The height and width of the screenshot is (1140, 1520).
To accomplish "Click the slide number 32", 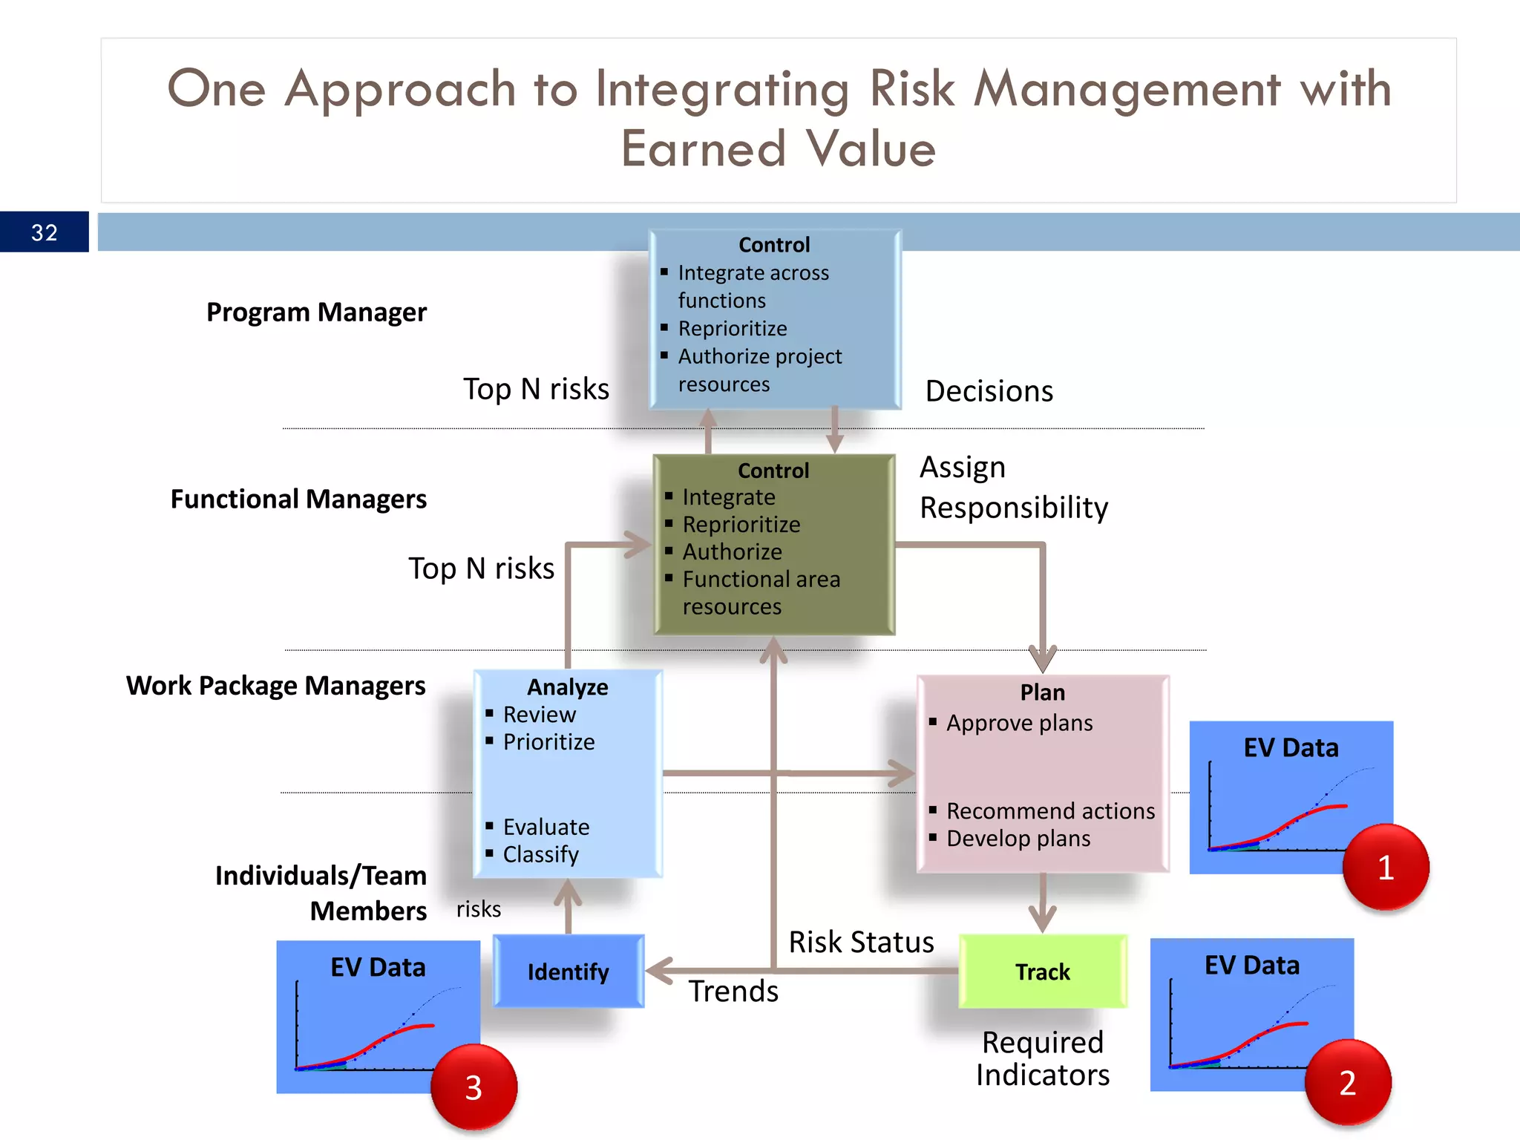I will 45,232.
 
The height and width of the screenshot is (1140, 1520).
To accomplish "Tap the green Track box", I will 1042,972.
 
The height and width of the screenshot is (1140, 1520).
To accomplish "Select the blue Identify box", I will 568,972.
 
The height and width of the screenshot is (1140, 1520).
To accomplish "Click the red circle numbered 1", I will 1385,867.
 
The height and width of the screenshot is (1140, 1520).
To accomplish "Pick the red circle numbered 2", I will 1347,1083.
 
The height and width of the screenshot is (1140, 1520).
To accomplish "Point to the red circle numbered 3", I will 474,1088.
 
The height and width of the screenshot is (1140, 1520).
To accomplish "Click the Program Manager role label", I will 316,312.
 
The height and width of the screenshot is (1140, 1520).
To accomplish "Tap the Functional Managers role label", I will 298,499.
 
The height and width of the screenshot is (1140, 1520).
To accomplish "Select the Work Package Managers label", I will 275,686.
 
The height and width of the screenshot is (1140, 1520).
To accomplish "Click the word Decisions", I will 989,391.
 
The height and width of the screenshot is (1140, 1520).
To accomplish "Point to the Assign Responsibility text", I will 1013,488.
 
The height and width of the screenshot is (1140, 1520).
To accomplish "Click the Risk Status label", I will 860,942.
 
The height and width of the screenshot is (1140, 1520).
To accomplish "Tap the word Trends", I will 733,992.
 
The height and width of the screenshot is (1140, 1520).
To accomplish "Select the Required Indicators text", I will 1042,1058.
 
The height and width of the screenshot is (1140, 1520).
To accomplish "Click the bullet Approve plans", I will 1018,723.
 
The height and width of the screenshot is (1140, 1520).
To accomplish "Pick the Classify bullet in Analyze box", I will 540,854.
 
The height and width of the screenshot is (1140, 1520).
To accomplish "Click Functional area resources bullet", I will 760,592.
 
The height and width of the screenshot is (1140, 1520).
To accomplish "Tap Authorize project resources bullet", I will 759,370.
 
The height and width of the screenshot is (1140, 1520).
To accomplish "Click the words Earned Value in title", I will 778,148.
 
